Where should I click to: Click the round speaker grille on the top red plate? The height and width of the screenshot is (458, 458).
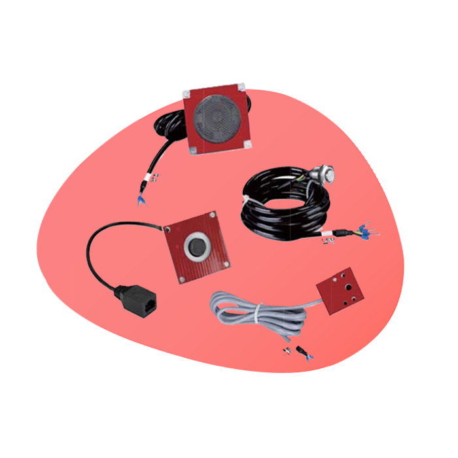218,118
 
